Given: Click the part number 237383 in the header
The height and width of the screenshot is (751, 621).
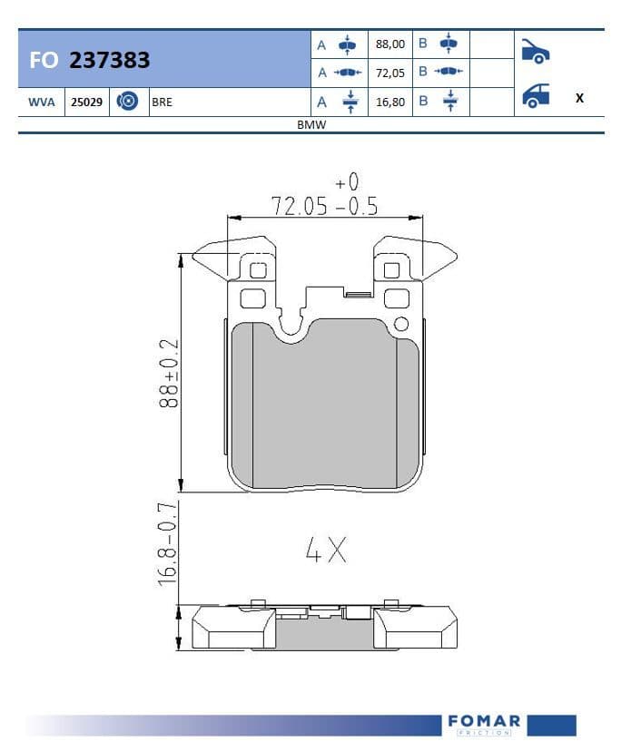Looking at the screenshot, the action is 109,60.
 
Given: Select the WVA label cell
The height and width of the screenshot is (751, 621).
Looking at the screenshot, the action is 42,102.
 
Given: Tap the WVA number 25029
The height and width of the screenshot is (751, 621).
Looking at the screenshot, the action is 87,102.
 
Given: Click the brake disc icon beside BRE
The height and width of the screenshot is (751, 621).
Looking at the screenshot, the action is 127,101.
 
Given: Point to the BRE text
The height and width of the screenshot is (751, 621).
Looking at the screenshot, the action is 163,102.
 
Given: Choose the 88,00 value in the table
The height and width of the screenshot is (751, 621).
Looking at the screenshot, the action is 390,44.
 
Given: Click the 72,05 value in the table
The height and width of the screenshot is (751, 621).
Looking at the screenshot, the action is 390,73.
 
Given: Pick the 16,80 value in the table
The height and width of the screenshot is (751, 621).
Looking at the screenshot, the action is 390,102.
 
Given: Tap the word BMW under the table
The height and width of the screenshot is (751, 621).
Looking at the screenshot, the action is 311,124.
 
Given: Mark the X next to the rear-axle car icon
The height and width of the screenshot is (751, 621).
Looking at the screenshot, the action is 580,98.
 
